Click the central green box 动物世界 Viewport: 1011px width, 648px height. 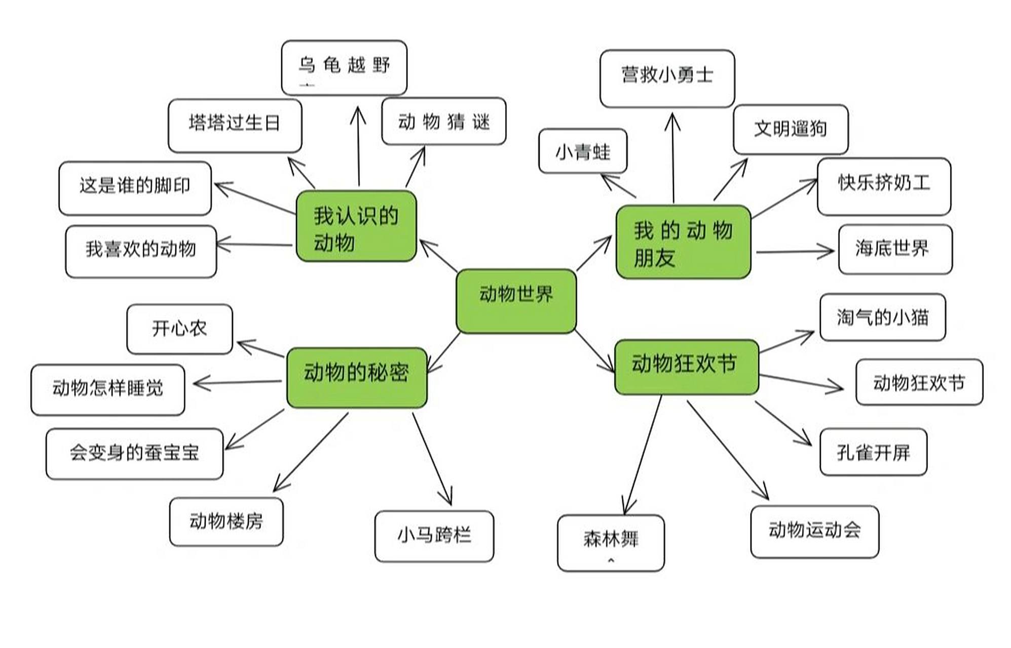tap(516, 301)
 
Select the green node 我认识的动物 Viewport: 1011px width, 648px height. tap(356, 226)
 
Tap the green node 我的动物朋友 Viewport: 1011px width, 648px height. tap(683, 242)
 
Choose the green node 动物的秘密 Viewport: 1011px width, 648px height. tap(356, 377)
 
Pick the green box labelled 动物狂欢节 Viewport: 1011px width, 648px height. tap(686, 367)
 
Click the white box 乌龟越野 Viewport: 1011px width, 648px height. tap(344, 68)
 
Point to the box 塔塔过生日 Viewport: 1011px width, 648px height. tap(235, 126)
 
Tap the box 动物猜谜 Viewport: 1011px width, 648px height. tap(443, 121)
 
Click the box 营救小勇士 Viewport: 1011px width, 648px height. tap(667, 78)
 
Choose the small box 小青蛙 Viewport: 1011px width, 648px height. tap(582, 151)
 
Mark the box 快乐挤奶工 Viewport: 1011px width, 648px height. tap(883, 186)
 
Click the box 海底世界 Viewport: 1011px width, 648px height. tap(895, 249)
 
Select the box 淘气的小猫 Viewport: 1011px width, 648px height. tap(882, 317)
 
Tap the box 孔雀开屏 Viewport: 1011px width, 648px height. tap(873, 452)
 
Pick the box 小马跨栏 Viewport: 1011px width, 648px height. tap(434, 536)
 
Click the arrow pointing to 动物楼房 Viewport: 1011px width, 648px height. tap(311, 452)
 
